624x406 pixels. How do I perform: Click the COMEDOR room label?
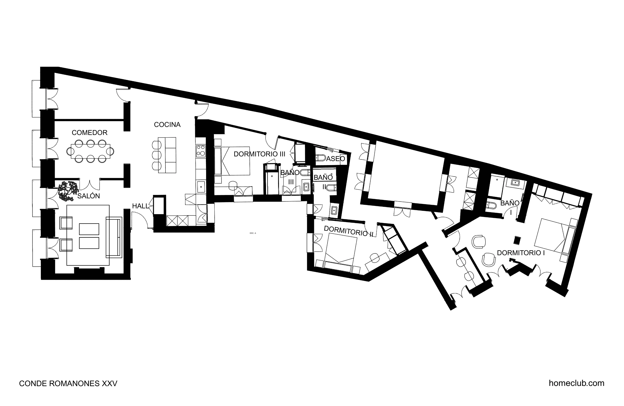(x=89, y=133)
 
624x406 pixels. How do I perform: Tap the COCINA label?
(x=167, y=125)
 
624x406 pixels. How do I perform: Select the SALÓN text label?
(x=89, y=196)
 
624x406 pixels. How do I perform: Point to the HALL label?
(x=140, y=206)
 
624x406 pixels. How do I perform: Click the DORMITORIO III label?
(x=259, y=154)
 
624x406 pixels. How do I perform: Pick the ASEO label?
(x=336, y=159)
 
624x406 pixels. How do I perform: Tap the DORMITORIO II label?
(x=348, y=231)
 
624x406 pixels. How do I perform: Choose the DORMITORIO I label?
(x=521, y=253)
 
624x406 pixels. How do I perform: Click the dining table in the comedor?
(x=90, y=151)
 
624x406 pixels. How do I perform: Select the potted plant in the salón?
(x=68, y=191)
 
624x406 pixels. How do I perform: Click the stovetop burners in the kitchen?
(x=201, y=151)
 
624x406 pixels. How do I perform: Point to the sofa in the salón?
(x=114, y=237)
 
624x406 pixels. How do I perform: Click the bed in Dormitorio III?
(x=232, y=161)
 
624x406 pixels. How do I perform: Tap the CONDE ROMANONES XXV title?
(x=68, y=383)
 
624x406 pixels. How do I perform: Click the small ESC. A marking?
(x=253, y=233)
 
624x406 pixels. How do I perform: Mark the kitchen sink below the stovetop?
(x=201, y=187)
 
